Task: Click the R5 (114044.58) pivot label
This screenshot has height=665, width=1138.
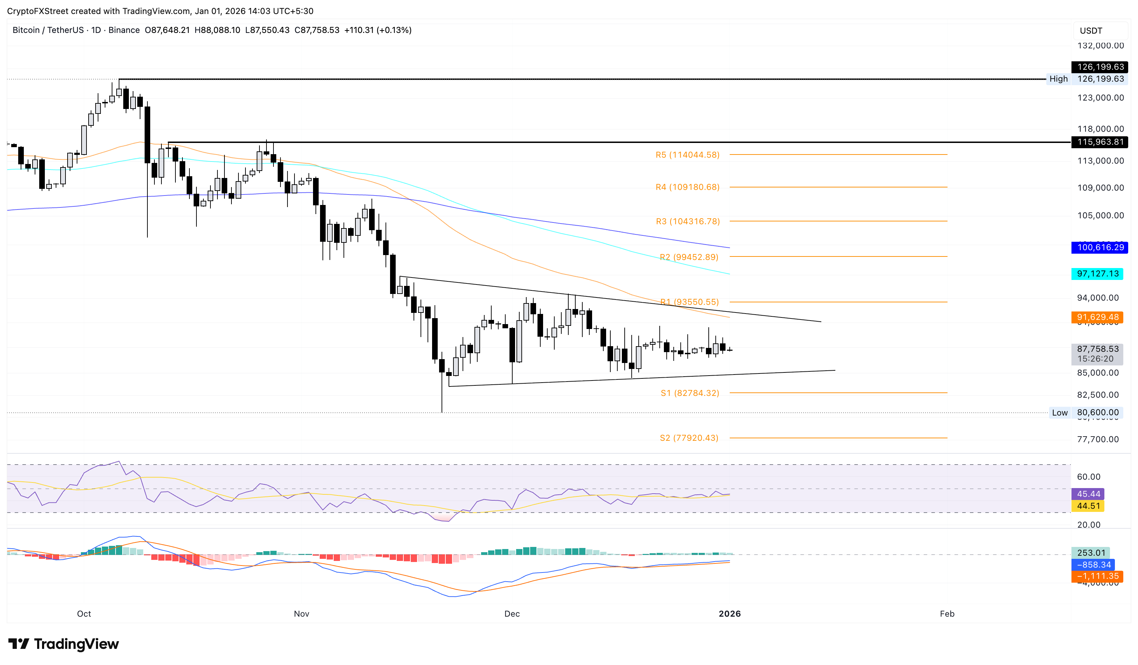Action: [x=687, y=155]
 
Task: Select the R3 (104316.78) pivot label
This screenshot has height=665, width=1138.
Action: [x=688, y=221]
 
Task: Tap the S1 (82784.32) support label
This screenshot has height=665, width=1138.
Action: [x=689, y=393]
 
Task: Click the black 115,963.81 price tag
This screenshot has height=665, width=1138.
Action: [x=1099, y=142]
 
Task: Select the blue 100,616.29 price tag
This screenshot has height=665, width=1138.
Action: [x=1099, y=248]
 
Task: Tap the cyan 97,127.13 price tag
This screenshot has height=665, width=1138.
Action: [x=1097, y=274]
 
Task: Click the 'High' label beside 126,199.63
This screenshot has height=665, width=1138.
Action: [x=1058, y=79]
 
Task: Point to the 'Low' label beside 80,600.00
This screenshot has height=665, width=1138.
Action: [x=1060, y=412]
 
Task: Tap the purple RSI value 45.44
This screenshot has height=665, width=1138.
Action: [x=1088, y=494]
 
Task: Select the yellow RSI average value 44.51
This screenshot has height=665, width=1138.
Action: [x=1088, y=506]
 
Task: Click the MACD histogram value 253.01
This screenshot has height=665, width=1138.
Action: [x=1091, y=553]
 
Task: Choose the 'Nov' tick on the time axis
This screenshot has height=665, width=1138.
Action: [x=301, y=613]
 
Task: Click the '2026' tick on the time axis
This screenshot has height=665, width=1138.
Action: [x=729, y=613]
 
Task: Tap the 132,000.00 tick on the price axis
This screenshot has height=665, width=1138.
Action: [x=1100, y=46]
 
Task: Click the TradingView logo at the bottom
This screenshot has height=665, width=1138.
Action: [x=64, y=644]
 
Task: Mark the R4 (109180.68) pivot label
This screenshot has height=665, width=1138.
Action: [x=687, y=187]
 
